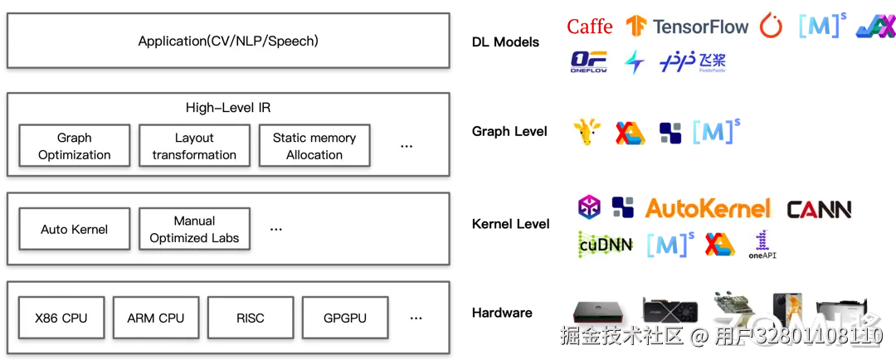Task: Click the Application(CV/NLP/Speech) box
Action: click(x=228, y=41)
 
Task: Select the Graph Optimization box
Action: click(x=75, y=146)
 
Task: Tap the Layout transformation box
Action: click(x=194, y=146)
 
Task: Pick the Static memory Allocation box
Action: click(x=314, y=146)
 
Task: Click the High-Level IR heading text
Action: click(x=228, y=108)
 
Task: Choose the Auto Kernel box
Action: click(x=75, y=229)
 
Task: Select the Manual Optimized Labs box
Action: click(x=194, y=229)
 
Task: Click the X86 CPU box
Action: click(x=61, y=318)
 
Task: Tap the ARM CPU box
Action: click(x=156, y=318)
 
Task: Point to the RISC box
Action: click(x=250, y=318)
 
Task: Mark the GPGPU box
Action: click(x=345, y=318)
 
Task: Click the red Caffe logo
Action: click(x=590, y=27)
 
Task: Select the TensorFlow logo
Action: click(x=688, y=27)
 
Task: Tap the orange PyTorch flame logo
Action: click(x=772, y=27)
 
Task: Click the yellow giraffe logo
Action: click(x=587, y=133)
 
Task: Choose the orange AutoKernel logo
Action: click(x=708, y=208)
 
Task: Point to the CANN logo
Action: click(x=819, y=209)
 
